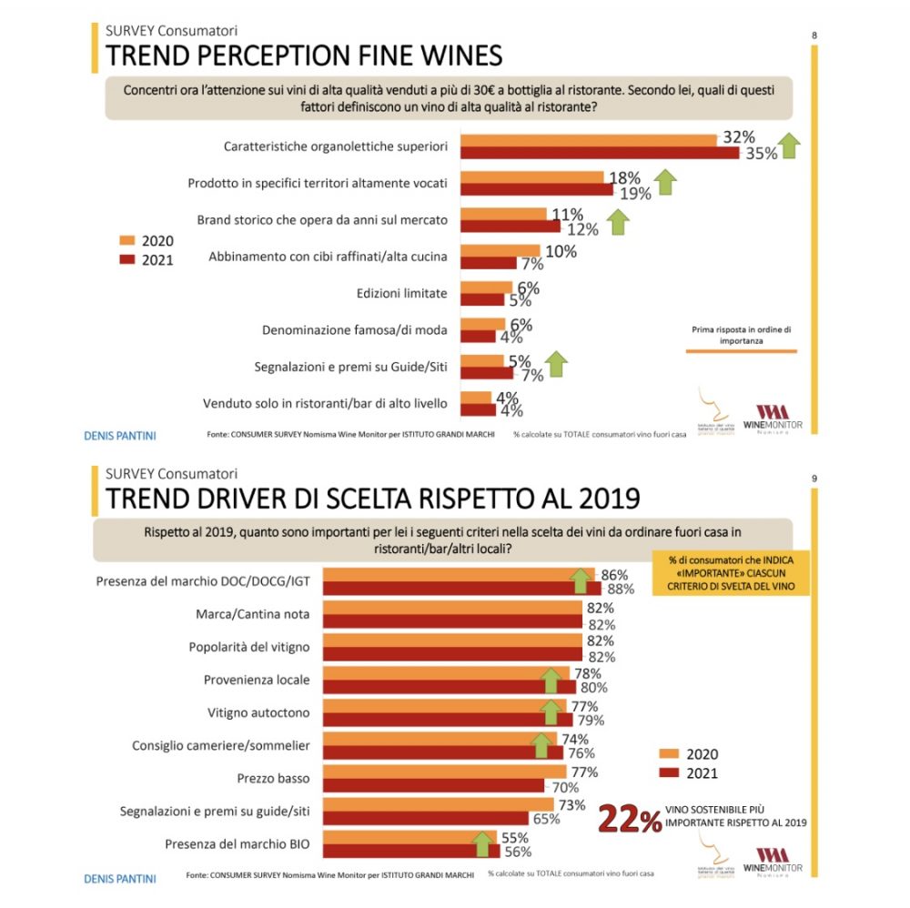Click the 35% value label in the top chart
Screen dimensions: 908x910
click(x=762, y=153)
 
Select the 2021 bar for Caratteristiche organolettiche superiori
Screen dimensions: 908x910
click(x=600, y=153)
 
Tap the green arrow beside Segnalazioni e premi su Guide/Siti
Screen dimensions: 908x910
click(x=556, y=364)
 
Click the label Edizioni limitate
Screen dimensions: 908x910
click(x=401, y=293)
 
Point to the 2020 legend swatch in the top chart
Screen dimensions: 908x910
click(x=127, y=240)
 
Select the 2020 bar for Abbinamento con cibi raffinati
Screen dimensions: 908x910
click(x=500, y=250)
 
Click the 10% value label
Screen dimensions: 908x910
click(x=561, y=251)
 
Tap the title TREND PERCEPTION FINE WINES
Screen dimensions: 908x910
click(x=304, y=55)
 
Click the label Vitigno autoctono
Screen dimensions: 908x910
click(x=259, y=712)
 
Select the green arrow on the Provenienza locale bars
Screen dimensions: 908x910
click(x=549, y=679)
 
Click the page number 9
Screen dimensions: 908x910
click(x=814, y=479)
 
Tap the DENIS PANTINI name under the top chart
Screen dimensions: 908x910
click(x=119, y=436)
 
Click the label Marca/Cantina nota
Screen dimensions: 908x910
click(x=253, y=614)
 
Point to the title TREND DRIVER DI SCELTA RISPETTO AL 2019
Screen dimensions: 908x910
click(x=372, y=499)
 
